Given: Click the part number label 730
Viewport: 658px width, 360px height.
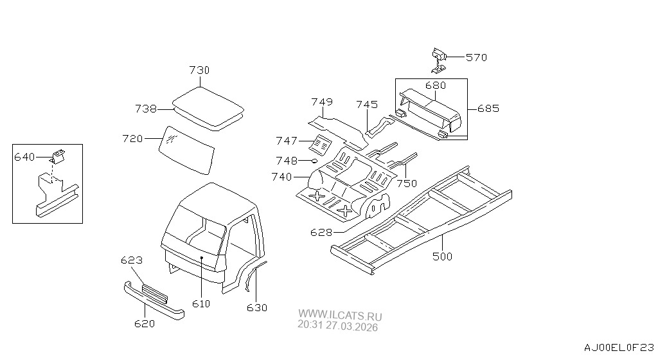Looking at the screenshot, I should (199, 70).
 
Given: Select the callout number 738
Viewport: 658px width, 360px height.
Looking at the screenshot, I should (146, 109).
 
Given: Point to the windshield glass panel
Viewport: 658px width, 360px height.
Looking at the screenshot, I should (188, 150).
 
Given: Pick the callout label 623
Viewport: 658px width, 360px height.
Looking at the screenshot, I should (131, 260).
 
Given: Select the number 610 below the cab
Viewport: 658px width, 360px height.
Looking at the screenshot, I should (201, 303).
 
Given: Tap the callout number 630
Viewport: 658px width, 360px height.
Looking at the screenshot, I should (257, 308).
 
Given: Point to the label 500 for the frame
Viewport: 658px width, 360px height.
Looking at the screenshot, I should (442, 256).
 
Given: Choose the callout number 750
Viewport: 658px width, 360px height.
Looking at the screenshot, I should (407, 183).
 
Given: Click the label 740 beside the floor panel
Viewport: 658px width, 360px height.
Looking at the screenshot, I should (282, 177).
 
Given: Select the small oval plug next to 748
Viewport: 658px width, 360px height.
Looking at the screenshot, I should (314, 160).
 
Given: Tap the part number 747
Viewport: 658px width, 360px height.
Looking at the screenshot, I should (287, 141).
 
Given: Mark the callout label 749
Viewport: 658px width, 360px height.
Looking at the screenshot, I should (322, 102).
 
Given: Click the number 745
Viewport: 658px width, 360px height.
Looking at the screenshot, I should (367, 104).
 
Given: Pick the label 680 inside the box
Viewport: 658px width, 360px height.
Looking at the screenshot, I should (435, 85).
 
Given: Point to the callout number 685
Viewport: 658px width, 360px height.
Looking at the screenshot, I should (488, 108).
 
